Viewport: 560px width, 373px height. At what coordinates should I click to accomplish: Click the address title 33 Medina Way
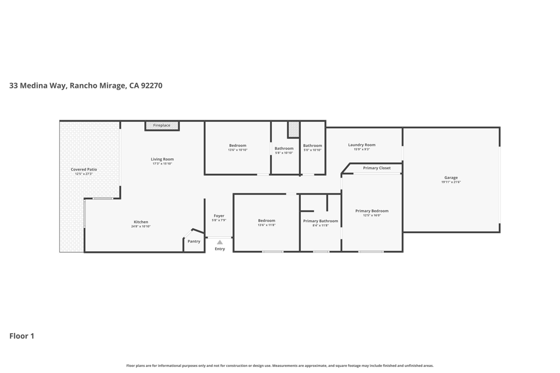(x=85, y=86)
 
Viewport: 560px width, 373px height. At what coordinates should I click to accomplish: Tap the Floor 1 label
(x=22, y=336)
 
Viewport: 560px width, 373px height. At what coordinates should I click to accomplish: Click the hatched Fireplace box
(x=162, y=126)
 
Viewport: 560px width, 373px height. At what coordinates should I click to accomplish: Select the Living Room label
(x=162, y=159)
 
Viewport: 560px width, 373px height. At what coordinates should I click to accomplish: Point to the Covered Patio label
(x=84, y=169)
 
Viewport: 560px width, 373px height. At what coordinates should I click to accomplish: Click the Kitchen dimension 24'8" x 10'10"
(x=141, y=226)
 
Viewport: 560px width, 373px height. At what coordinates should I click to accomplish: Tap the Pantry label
(x=194, y=241)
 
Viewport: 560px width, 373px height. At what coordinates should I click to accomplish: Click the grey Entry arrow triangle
(x=219, y=242)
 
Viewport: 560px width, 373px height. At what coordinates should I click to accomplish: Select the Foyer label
(x=219, y=216)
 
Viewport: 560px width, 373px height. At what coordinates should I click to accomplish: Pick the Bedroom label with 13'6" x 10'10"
(x=237, y=145)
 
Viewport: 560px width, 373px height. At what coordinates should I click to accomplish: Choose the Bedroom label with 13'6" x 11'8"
(x=266, y=221)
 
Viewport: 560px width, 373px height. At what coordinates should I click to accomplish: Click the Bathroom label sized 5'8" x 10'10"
(x=284, y=149)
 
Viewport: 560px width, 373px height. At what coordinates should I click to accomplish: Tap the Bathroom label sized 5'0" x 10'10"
(x=312, y=145)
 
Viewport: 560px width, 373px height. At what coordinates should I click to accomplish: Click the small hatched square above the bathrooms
(x=294, y=129)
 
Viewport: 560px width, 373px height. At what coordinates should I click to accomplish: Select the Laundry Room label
(x=361, y=145)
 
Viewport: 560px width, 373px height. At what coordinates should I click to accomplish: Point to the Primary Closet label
(x=377, y=168)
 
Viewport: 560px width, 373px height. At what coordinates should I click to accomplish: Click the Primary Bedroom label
(x=372, y=211)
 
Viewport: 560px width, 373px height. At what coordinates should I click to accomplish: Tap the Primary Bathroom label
(x=320, y=221)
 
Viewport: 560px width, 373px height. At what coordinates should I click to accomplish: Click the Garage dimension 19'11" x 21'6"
(x=451, y=182)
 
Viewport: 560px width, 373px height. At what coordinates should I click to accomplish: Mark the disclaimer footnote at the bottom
(x=279, y=365)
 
